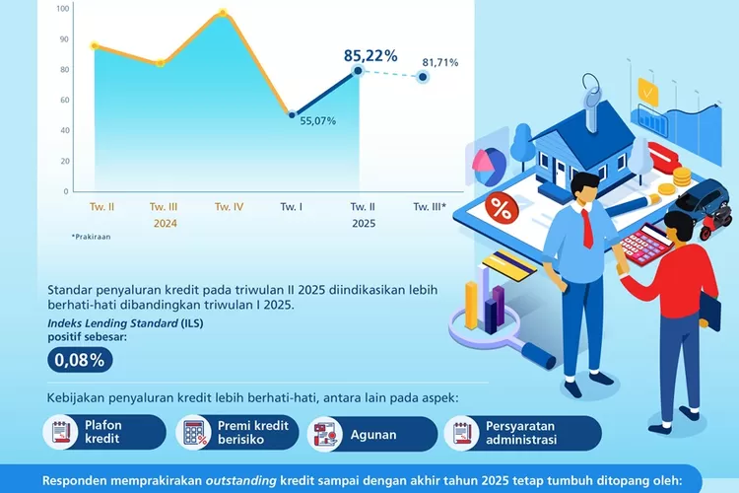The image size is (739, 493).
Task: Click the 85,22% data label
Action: [370, 55]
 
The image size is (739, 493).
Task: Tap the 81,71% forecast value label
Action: [440, 62]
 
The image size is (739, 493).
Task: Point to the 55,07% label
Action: [318, 120]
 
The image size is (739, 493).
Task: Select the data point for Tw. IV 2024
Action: [223, 13]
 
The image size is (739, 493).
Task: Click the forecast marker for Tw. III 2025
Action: [423, 77]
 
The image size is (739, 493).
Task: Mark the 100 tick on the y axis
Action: [63, 8]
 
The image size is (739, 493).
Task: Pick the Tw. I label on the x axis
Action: [292, 207]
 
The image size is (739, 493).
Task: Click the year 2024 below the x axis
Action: [165, 223]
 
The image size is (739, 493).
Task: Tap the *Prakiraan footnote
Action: [91, 237]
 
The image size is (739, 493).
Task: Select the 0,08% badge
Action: [80, 360]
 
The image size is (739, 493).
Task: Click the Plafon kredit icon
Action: [60, 432]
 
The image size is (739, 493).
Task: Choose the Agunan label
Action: [373, 435]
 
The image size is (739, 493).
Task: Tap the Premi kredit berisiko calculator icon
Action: [193, 432]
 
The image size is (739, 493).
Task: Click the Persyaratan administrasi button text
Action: [521, 433]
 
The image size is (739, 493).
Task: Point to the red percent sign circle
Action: [502, 208]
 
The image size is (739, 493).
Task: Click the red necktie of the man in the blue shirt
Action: [587, 229]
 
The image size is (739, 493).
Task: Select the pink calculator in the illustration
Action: [644, 243]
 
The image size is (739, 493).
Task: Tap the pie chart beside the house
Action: [489, 166]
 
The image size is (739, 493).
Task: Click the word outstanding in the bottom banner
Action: [240, 481]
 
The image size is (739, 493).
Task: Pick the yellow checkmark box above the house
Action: [648, 92]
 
